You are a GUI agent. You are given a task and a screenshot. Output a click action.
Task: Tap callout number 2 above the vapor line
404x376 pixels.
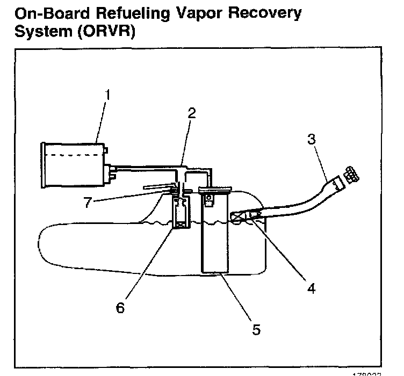[192, 113]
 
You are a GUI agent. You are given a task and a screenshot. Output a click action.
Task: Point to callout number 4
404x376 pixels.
[310, 288]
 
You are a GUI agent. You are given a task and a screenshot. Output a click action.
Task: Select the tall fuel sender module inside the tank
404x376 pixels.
[213, 236]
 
